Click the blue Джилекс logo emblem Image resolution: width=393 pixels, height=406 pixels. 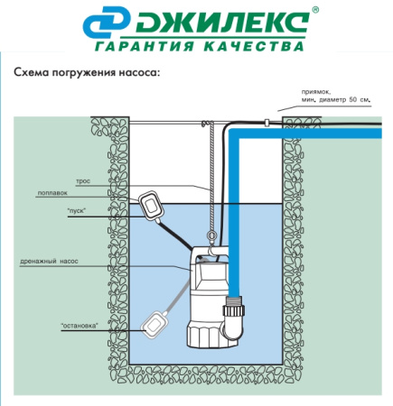107,23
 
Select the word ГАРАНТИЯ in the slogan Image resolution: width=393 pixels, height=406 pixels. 145,46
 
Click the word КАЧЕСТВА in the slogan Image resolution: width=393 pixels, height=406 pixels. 254,46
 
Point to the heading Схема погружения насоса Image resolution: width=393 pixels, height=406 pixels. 86,73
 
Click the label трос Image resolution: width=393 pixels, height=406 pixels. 83,181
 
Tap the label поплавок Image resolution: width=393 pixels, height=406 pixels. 52,193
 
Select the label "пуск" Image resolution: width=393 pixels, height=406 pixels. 77,210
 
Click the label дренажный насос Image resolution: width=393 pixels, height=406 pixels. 49,261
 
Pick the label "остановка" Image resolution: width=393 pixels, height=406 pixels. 80,326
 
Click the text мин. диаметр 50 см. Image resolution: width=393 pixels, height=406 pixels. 335,100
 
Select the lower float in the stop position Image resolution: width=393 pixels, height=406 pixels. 154,324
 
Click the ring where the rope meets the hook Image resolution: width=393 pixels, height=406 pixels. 211,235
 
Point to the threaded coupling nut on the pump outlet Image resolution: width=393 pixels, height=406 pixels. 234,310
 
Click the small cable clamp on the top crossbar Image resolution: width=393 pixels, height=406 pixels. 267,122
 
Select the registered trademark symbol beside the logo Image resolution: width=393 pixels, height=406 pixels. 315,10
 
